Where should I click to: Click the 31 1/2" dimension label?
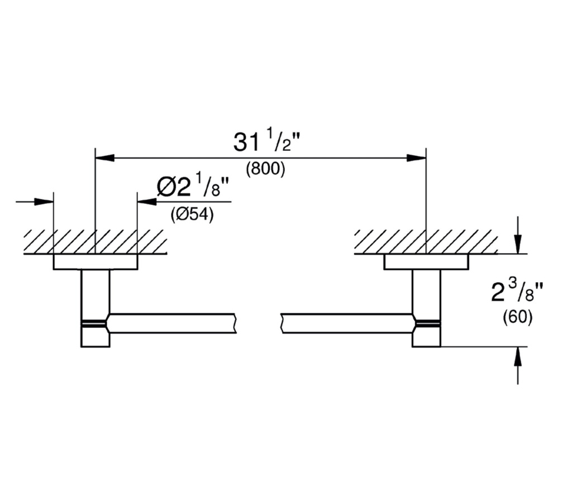(266, 141)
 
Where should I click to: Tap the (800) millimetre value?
(265, 169)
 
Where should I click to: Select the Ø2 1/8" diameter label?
(193, 186)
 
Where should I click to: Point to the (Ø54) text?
(192, 215)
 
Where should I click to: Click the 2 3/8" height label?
(517, 292)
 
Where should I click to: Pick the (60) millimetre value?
(518, 317)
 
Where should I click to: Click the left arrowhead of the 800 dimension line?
(104, 158)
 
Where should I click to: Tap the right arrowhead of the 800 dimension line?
(416, 158)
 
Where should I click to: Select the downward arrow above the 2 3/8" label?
(518, 235)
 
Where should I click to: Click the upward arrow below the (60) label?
(518, 365)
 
